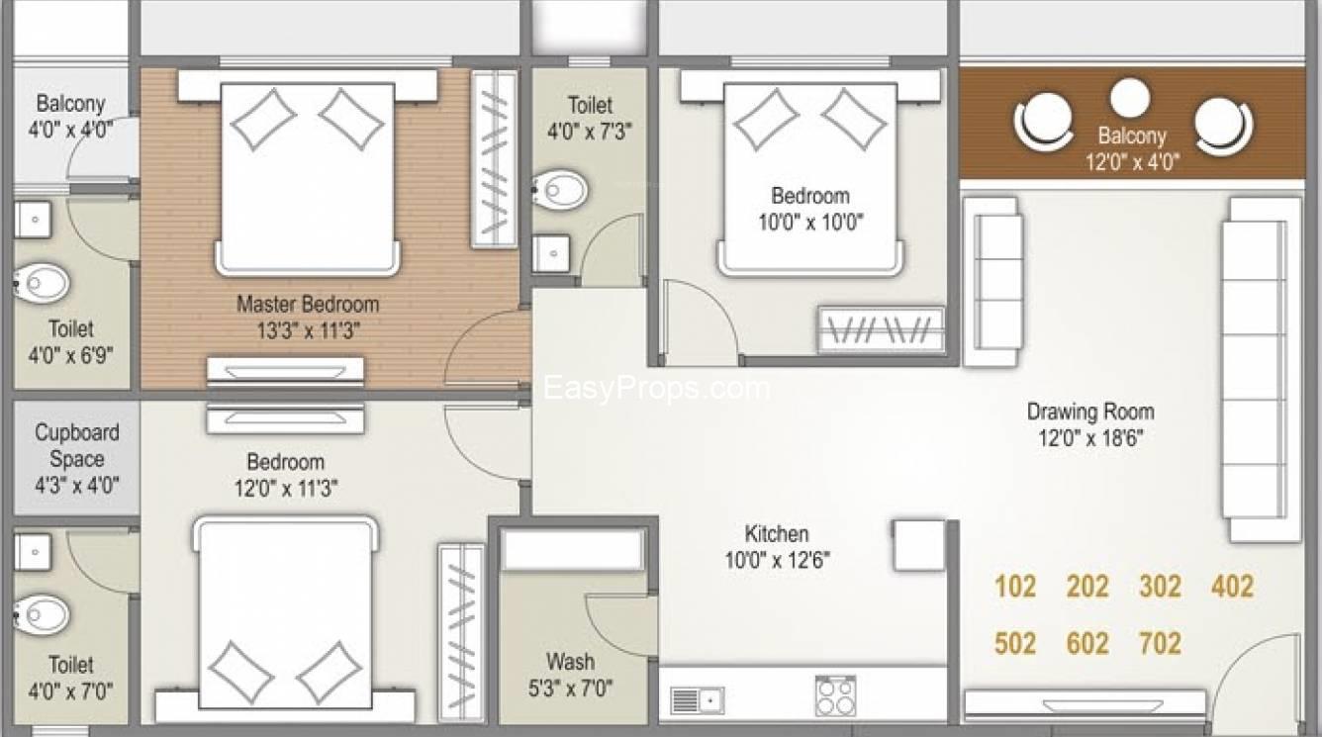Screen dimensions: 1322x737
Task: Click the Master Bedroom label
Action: click(308, 305)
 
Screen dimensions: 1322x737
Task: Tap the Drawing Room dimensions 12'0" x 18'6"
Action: click(1090, 438)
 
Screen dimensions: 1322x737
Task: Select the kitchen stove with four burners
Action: click(836, 696)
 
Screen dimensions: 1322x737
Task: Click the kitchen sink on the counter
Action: click(697, 700)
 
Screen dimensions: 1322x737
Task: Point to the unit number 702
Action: click(1161, 643)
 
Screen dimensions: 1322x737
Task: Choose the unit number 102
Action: click(1015, 587)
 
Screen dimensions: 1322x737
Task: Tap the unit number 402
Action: click(1232, 587)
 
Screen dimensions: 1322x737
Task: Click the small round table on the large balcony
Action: click(1130, 97)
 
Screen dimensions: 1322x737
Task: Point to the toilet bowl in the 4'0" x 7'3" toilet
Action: click(559, 190)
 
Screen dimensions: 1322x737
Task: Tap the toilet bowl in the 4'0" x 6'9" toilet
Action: click(42, 283)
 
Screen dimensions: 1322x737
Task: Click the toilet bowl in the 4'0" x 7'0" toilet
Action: click(42, 614)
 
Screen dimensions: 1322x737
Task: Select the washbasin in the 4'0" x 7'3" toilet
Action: click(551, 253)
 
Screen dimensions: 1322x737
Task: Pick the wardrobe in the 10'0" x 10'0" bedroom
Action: click(881, 330)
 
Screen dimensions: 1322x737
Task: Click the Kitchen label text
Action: click(777, 533)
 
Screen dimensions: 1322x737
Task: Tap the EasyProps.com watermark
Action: click(656, 388)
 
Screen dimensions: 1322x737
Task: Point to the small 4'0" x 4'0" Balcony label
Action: click(71, 116)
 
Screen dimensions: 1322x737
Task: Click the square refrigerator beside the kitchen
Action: click(919, 545)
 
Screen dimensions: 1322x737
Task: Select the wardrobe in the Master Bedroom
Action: click(494, 159)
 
